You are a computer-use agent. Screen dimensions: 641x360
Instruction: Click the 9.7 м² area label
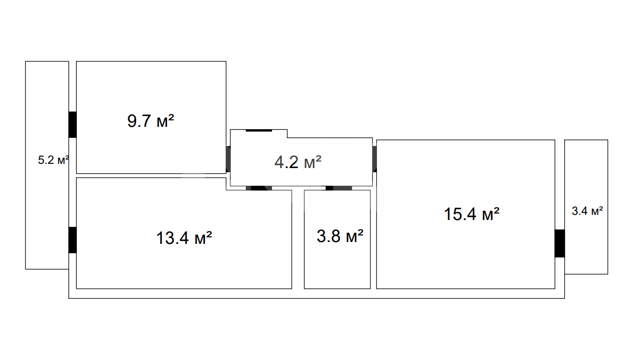tap(150, 121)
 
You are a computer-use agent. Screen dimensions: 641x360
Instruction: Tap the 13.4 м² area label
tap(184, 238)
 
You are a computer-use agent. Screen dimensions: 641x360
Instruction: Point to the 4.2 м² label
tap(298, 162)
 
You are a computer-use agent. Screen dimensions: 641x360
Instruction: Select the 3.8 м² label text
tap(340, 236)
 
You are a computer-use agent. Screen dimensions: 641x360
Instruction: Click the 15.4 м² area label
tap(472, 214)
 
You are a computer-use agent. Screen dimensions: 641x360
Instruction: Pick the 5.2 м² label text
tap(53, 160)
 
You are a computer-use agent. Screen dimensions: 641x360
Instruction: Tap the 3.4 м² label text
tap(587, 211)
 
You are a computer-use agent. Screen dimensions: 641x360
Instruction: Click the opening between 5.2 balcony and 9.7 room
tap(73, 125)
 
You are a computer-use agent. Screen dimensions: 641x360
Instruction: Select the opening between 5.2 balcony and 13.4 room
tap(73, 240)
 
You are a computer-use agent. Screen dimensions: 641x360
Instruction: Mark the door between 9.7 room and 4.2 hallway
tap(228, 159)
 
